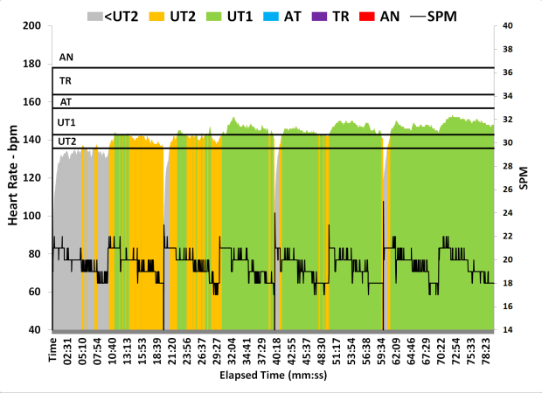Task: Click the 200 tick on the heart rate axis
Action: click(33, 25)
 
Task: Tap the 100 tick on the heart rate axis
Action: click(33, 216)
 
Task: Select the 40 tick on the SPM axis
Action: click(508, 25)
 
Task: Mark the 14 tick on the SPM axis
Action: click(508, 330)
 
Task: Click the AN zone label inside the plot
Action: click(66, 58)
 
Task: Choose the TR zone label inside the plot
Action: click(66, 81)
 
